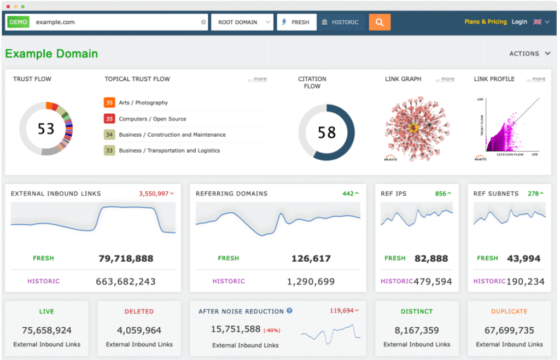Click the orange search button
(x=380, y=22)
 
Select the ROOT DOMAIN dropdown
(x=241, y=22)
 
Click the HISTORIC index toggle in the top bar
(x=340, y=22)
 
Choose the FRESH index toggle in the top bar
(x=296, y=22)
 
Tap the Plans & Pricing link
(x=485, y=22)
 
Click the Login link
(x=519, y=22)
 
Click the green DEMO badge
(x=18, y=22)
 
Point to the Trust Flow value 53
(x=46, y=129)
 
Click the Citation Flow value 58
(x=326, y=132)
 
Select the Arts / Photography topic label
(x=143, y=103)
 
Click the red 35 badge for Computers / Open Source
(x=109, y=119)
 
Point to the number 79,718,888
(x=126, y=258)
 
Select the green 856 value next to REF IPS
(x=441, y=194)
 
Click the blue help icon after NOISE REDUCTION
(x=289, y=311)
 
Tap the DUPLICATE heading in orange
(x=509, y=311)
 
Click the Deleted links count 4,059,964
(x=139, y=330)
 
